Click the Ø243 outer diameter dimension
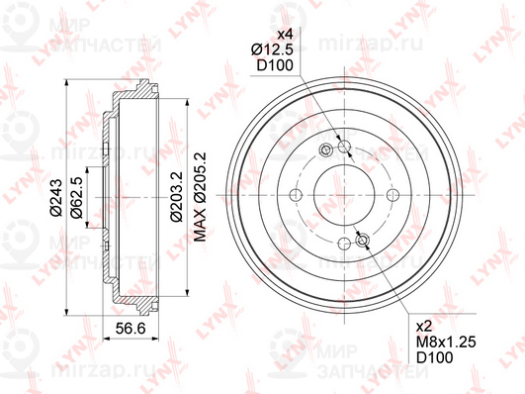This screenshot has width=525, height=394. pos(56,198)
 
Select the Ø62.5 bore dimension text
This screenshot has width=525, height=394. pos(76,198)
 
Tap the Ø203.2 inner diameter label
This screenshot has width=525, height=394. pos(176,196)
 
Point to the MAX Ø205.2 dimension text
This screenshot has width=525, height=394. pos(201,196)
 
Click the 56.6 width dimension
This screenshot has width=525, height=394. pos(131,329)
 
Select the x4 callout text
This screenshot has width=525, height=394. pos(286,35)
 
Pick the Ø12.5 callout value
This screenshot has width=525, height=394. pos(272,49)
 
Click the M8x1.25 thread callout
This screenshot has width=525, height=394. pos(446,342)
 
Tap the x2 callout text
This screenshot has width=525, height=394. pos(424,327)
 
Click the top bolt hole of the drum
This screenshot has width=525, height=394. pos(344,147)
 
